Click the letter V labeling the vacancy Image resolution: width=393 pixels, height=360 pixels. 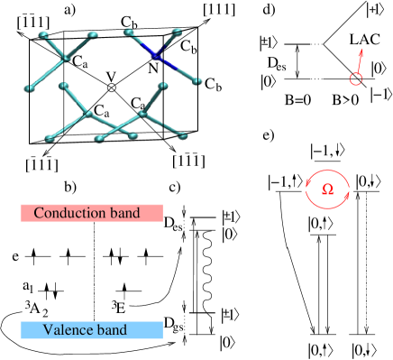(111, 76)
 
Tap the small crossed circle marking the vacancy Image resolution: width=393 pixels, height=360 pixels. (112, 88)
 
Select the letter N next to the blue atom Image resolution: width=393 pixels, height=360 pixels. (153, 68)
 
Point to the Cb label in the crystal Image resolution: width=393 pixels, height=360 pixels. (187, 48)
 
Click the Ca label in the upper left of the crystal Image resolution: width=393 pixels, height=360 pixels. (80, 64)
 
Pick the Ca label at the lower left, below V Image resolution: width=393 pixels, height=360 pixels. (102, 113)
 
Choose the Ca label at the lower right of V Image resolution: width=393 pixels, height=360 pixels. (139, 105)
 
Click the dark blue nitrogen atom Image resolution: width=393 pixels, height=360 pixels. (155, 56)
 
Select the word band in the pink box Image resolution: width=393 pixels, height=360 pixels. (126, 213)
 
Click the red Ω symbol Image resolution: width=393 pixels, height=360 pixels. (327, 189)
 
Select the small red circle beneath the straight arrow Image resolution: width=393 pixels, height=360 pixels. (356, 79)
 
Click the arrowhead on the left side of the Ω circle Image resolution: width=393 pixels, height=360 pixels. (308, 186)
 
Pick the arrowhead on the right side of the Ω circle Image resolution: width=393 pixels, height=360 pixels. (346, 192)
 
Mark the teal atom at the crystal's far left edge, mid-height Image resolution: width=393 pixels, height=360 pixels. (31, 88)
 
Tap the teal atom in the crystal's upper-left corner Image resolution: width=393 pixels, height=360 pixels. (40, 36)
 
